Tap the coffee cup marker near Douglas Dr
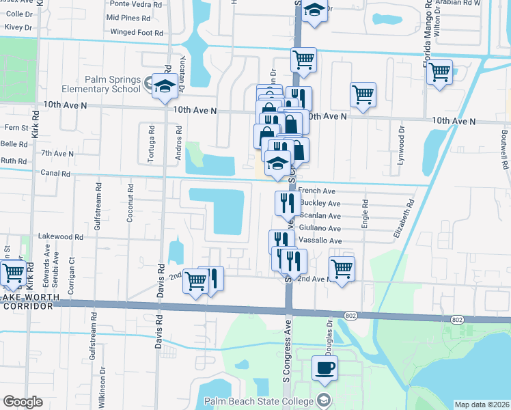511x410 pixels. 325,368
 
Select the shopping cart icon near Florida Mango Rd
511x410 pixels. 440,71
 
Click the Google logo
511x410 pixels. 23,402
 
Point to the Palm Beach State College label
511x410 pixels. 259,400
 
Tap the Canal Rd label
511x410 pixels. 55,174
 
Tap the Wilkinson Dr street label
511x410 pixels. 103,387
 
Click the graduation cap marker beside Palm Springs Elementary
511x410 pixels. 165,87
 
